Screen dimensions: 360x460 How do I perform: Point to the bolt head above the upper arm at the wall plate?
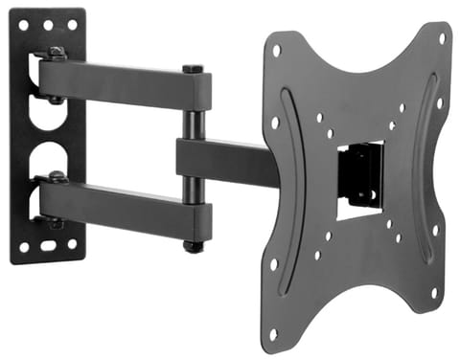coord(57,53)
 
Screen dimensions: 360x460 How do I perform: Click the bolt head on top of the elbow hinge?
coord(192,69)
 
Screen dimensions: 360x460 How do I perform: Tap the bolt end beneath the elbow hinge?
coord(193,247)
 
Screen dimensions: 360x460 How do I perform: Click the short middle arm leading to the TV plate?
coord(225,163)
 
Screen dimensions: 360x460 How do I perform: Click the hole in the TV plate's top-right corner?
coord(441,39)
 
